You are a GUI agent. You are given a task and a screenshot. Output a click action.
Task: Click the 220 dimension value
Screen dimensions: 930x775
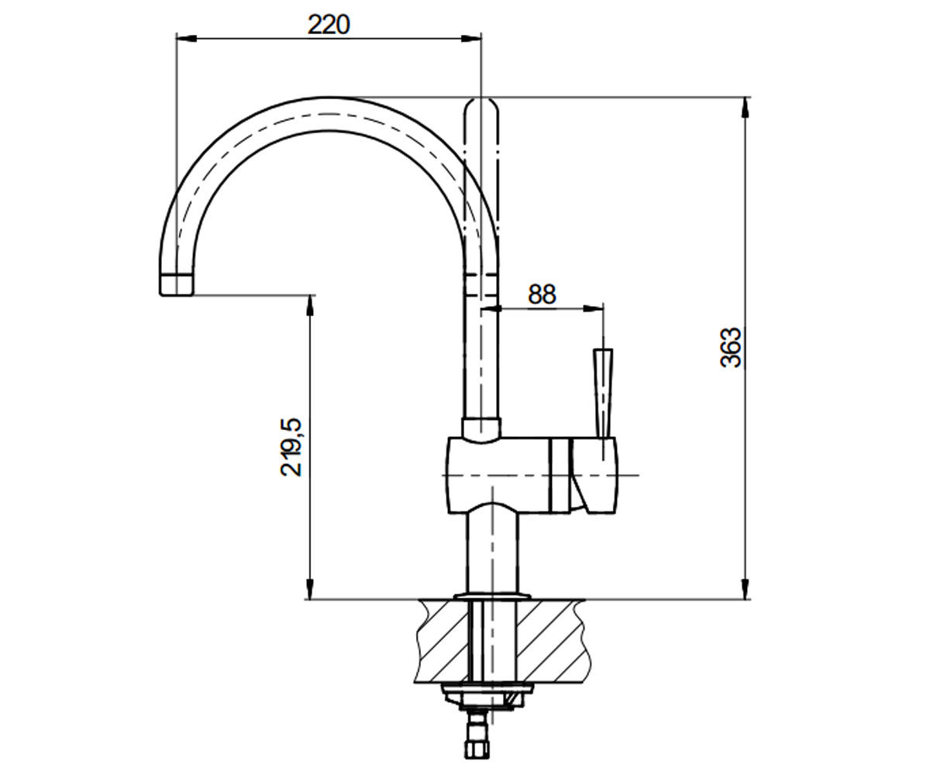click(x=329, y=25)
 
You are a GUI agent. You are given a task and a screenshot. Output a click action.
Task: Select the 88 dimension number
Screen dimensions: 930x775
click(x=542, y=294)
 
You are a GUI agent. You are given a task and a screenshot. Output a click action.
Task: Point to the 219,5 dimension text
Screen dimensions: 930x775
click(x=291, y=448)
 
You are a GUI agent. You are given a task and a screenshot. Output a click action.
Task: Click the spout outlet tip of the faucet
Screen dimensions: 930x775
click(x=177, y=285)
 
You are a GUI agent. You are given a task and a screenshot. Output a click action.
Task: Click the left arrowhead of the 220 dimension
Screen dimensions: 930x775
click(x=186, y=40)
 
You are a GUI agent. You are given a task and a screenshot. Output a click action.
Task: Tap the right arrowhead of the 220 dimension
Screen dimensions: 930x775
click(x=471, y=40)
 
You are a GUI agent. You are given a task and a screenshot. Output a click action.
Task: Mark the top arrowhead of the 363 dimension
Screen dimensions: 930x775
click(x=745, y=108)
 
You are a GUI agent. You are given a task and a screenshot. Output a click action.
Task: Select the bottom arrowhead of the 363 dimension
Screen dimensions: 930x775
click(x=745, y=588)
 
